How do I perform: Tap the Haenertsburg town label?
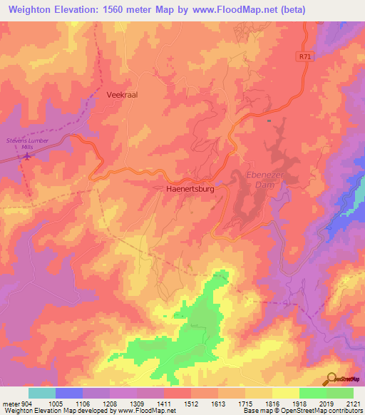(185, 190)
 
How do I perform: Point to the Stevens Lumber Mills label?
(26, 143)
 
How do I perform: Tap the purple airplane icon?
(27, 156)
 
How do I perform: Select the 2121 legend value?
(351, 403)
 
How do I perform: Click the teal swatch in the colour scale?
(42, 393)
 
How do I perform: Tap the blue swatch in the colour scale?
(69, 393)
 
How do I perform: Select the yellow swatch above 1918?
(284, 393)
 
